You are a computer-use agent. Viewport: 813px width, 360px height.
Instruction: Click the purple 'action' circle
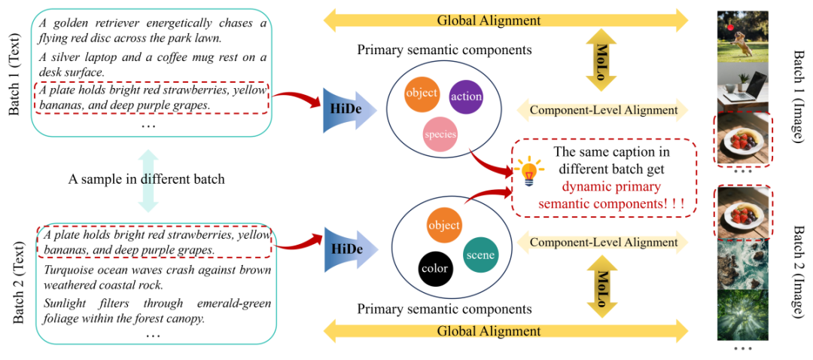[x=466, y=96]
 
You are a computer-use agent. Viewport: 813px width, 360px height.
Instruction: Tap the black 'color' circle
[x=435, y=268]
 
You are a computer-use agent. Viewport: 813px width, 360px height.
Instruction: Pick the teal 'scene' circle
[x=480, y=255]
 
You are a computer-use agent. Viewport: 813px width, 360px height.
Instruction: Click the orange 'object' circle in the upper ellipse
[x=422, y=93]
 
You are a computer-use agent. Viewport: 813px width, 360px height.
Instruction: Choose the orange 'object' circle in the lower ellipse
[x=443, y=226]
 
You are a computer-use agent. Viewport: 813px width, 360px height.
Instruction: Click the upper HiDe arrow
[x=349, y=107]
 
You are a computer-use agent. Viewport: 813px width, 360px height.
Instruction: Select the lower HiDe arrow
[x=349, y=250]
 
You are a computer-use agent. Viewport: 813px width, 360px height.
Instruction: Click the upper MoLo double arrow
[x=601, y=53]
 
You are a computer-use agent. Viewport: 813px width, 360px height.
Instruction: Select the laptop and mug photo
[x=743, y=87]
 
